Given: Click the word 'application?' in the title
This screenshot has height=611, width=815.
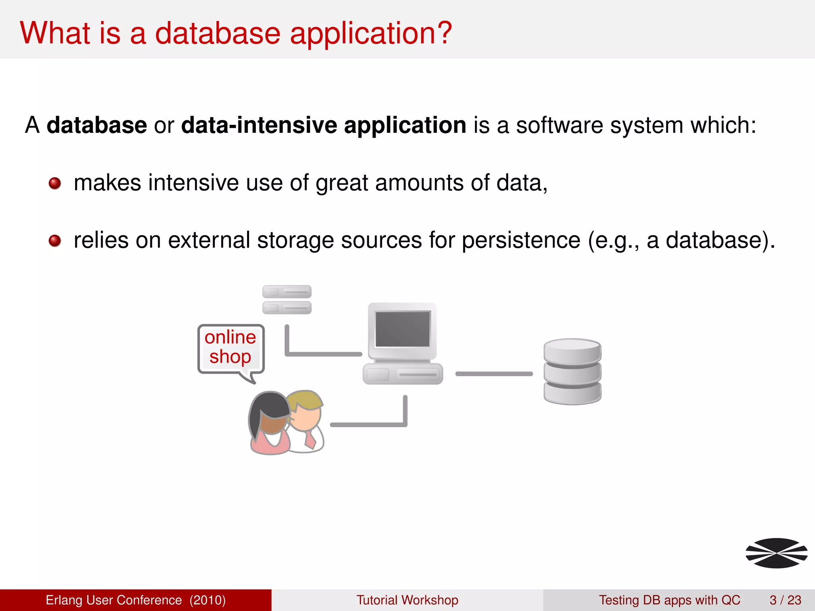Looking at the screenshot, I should click(x=371, y=34).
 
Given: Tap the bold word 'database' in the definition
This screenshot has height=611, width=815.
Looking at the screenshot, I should click(x=97, y=125).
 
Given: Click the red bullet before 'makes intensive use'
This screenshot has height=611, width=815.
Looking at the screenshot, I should click(x=55, y=183).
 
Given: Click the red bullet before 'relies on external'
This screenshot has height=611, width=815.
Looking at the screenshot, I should click(x=55, y=241).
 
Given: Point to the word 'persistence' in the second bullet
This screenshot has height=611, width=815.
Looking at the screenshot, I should click(x=521, y=241).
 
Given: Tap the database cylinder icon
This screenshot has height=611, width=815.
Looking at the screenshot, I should click(x=572, y=372).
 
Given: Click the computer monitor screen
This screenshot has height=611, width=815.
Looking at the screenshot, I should click(x=402, y=329).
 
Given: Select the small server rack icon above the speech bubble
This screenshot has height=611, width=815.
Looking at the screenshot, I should click(x=287, y=300).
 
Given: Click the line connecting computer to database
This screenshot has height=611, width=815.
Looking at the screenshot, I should click(x=494, y=374).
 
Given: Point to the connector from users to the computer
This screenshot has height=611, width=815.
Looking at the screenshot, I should click(x=368, y=424).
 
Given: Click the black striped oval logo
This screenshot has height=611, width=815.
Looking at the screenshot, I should click(x=776, y=553).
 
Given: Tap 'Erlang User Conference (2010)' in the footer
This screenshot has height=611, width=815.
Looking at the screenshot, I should click(x=136, y=600).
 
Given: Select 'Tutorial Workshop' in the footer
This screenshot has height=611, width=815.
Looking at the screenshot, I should click(x=407, y=600).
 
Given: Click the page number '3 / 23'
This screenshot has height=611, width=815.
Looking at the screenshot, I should click(x=785, y=600).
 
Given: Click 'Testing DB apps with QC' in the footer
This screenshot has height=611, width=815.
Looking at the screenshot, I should click(x=669, y=600).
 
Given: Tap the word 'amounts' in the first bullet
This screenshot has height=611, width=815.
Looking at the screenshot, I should click(x=419, y=183).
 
